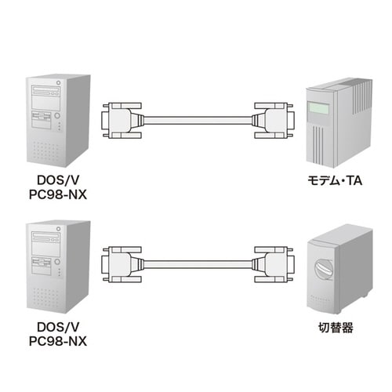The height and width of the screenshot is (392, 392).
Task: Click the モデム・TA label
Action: point(336,180)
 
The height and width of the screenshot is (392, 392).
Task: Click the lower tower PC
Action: point(56,263)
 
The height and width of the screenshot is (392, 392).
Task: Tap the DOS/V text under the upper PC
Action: point(56,180)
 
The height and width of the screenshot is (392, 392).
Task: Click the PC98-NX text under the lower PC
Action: point(56,341)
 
